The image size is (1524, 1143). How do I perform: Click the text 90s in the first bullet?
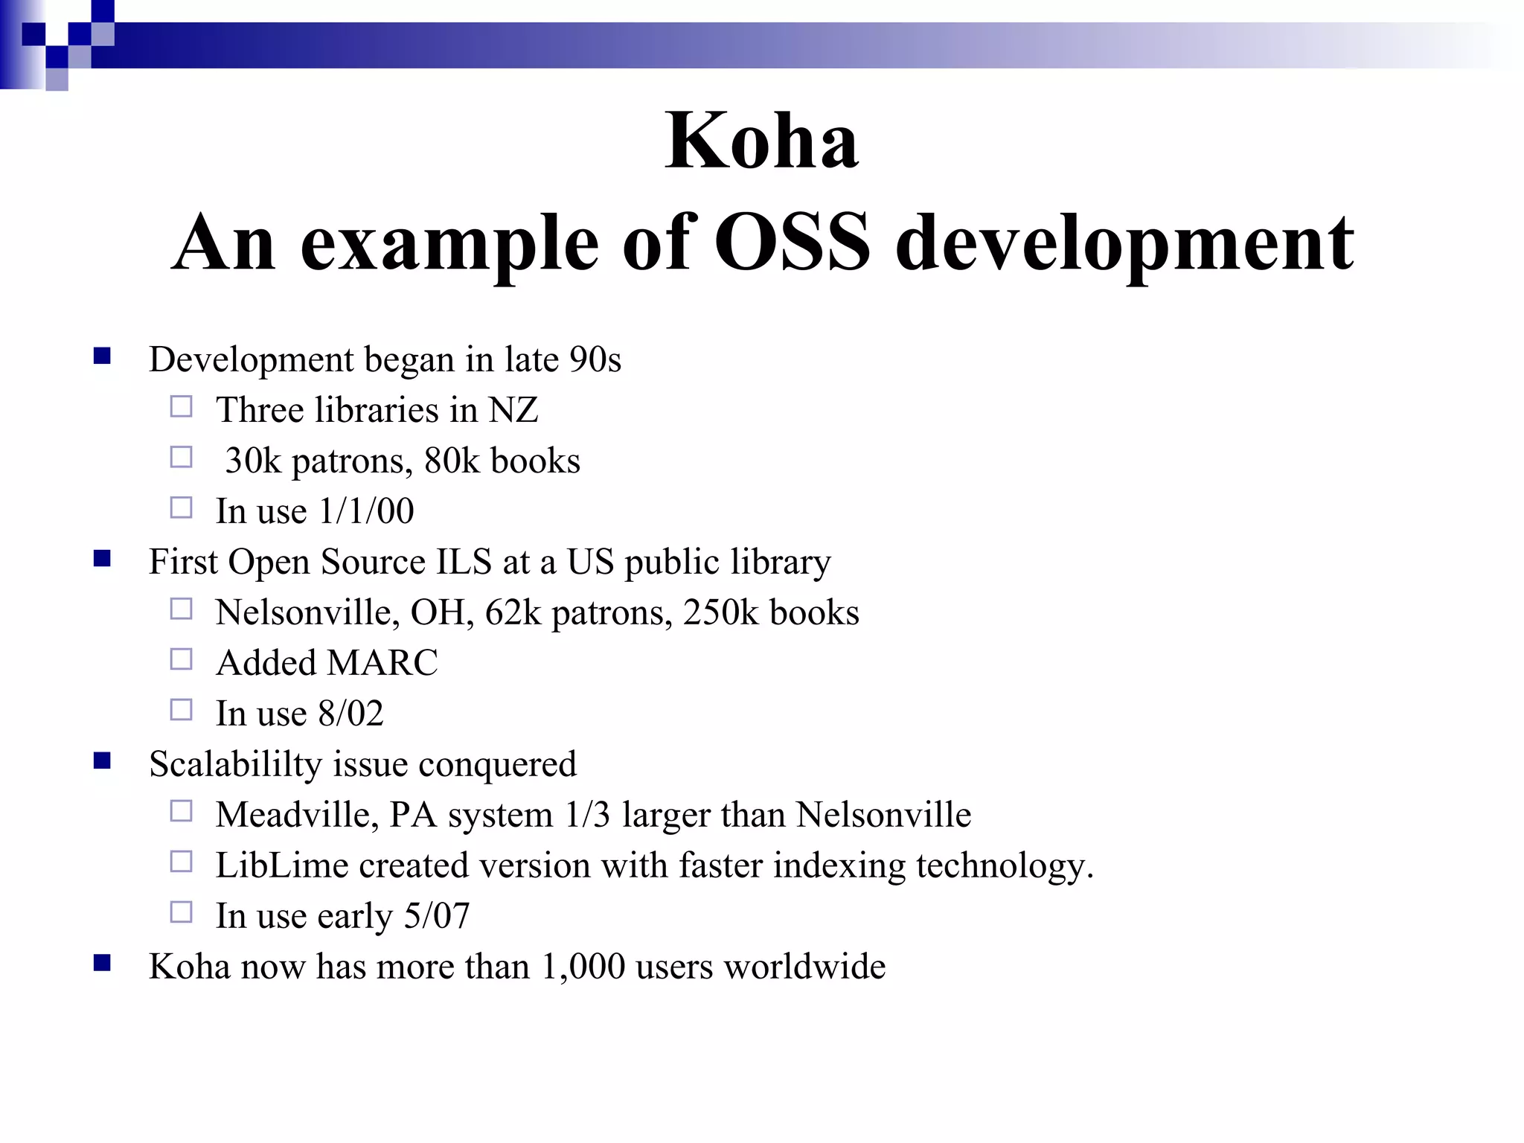pos(595,359)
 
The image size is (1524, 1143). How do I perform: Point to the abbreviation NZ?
pos(513,410)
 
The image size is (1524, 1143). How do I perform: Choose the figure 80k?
pos(452,461)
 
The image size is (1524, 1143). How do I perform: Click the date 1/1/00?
pos(366,511)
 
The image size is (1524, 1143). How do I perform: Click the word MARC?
pos(382,663)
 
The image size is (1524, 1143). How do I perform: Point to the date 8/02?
pos(350,714)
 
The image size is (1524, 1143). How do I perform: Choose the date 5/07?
pos(437,916)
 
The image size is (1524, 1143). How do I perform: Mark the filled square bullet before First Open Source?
pos(102,558)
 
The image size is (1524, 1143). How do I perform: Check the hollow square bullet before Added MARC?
pos(181,659)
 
